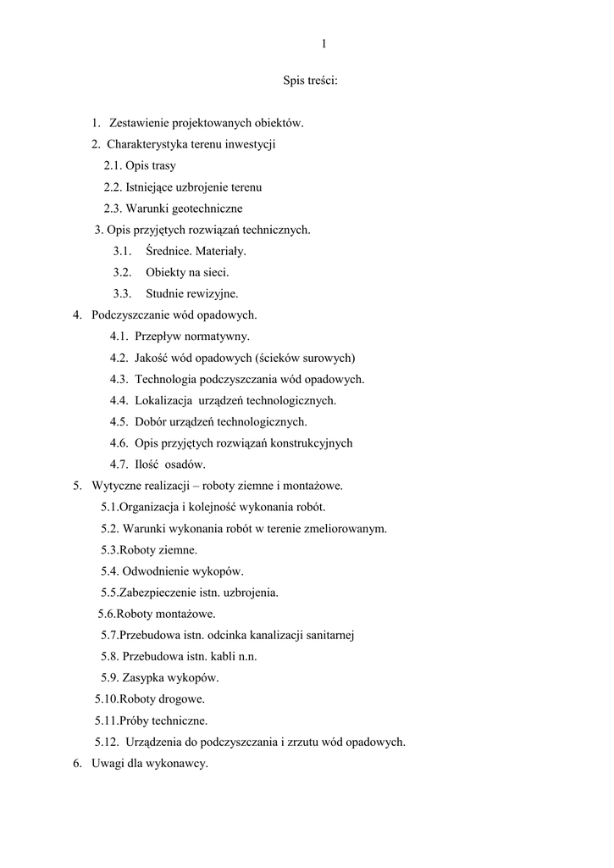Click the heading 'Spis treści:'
[310, 82]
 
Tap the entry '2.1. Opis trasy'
[140, 166]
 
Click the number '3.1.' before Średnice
[123, 251]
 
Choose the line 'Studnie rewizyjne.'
[191, 294]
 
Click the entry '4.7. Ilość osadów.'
[158, 465]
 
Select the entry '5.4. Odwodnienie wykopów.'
[172, 571]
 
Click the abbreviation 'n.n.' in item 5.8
[246, 656]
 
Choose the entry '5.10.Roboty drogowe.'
[150, 699]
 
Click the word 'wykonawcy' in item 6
[178, 763]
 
